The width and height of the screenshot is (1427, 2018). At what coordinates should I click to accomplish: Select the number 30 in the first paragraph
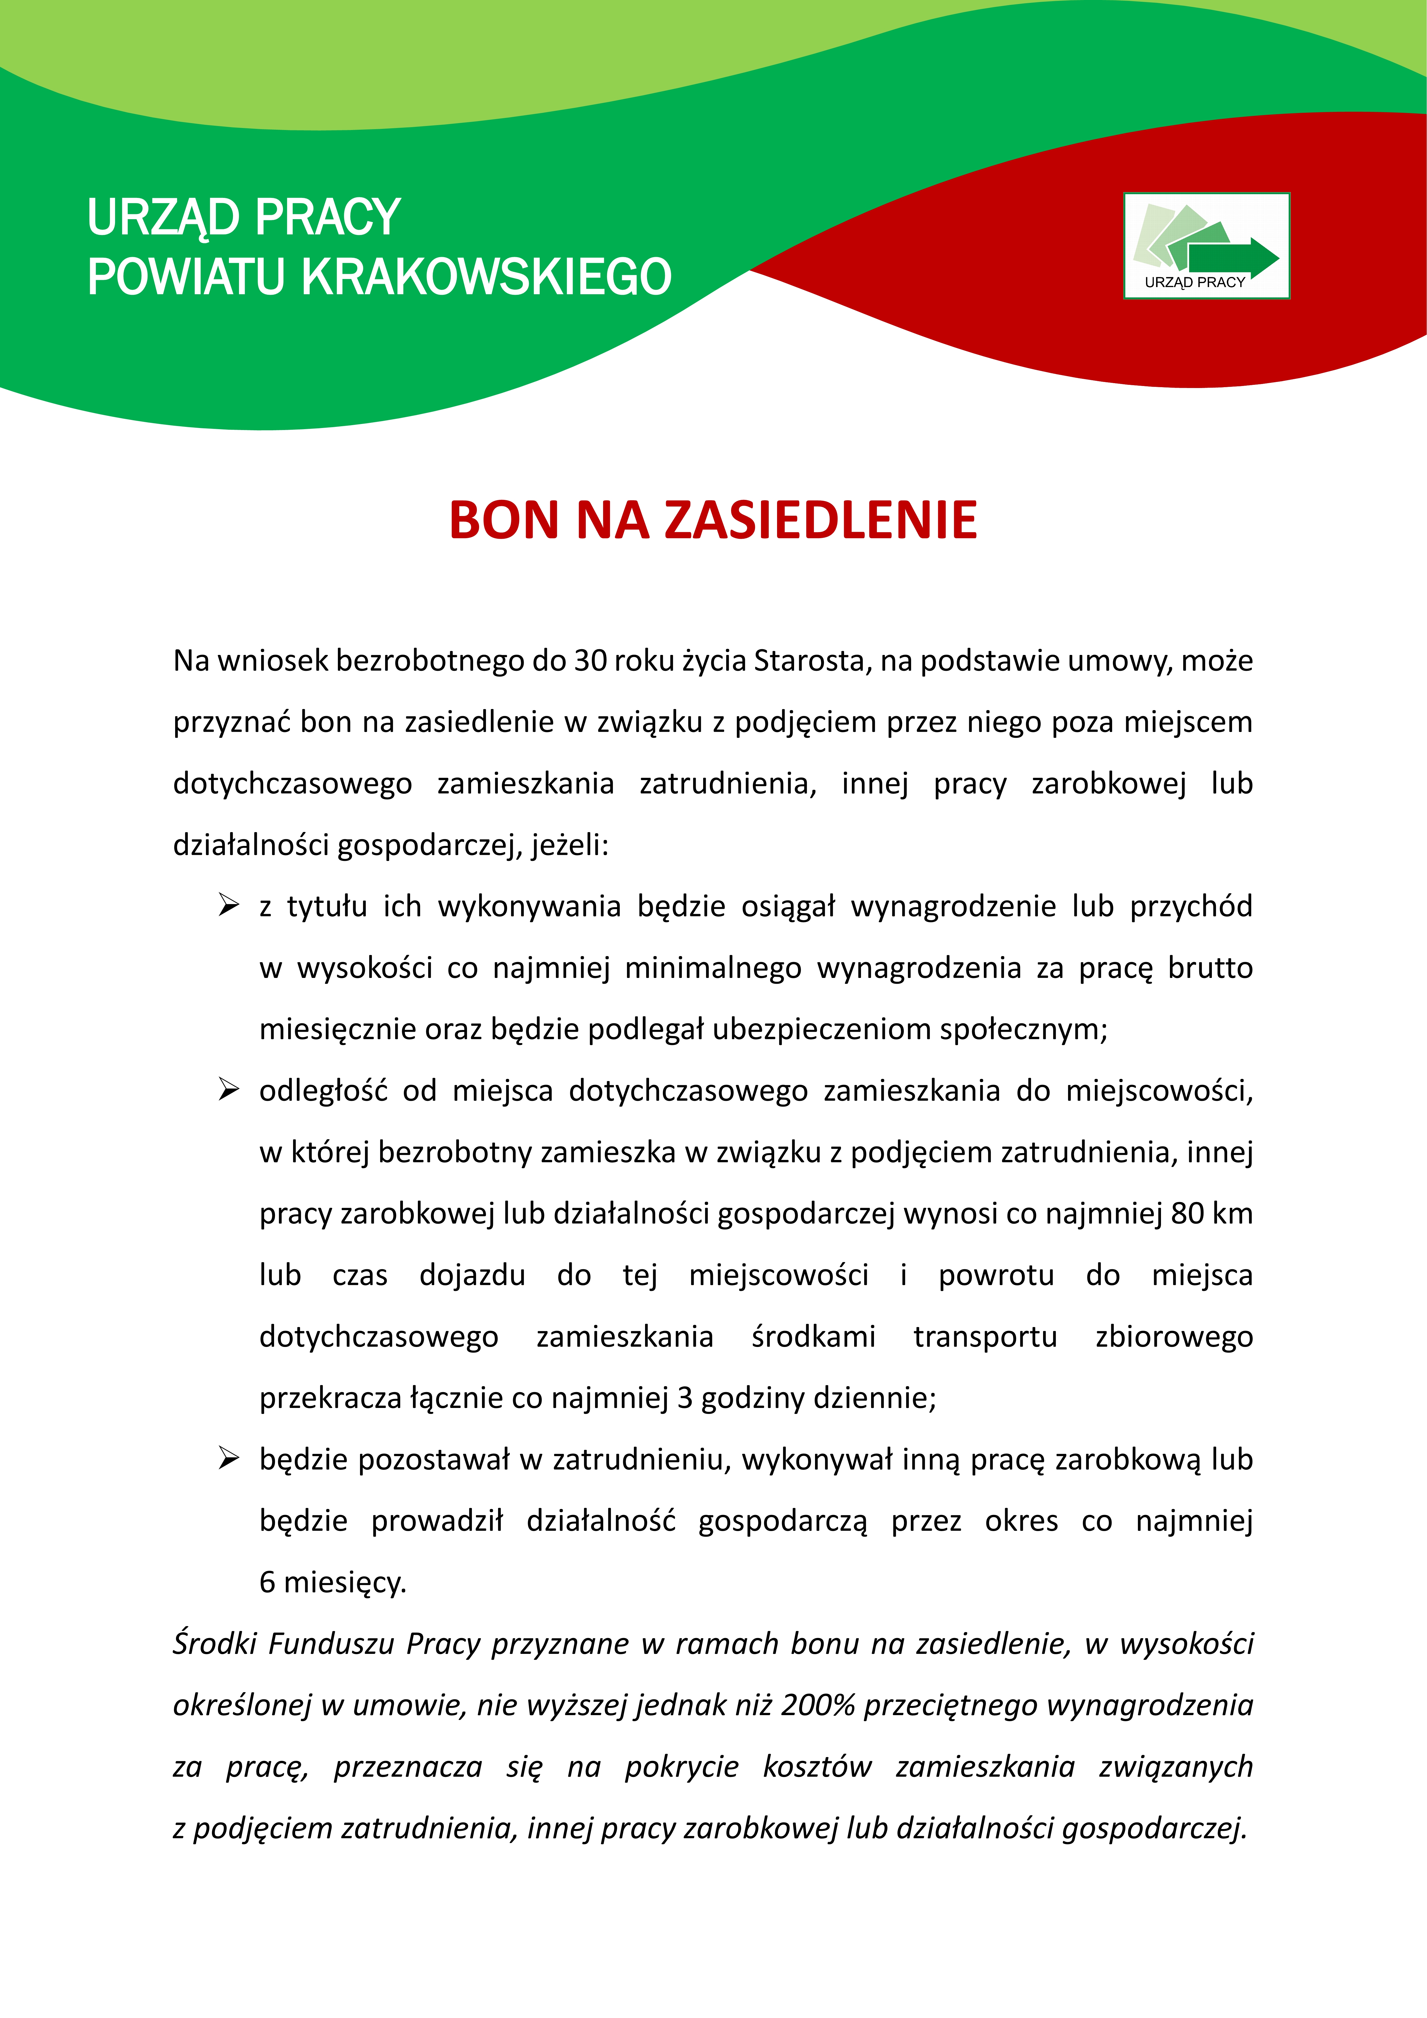[x=590, y=661]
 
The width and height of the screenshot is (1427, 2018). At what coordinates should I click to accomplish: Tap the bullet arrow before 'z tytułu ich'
[x=228, y=905]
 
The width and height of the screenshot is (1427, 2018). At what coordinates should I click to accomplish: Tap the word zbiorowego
[x=1174, y=1337]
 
